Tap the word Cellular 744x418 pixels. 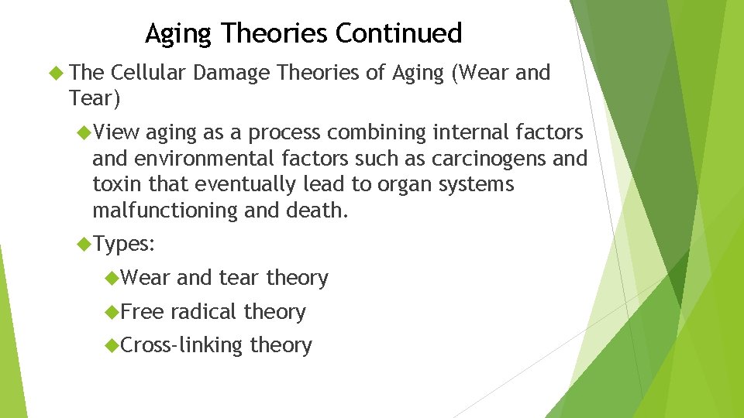click(148, 73)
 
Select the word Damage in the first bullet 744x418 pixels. click(232, 73)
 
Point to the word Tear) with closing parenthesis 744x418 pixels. click(94, 98)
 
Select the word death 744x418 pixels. click(319, 210)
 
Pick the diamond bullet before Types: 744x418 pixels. click(84, 245)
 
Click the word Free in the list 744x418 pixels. click(143, 311)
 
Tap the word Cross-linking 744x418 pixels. click(182, 345)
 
